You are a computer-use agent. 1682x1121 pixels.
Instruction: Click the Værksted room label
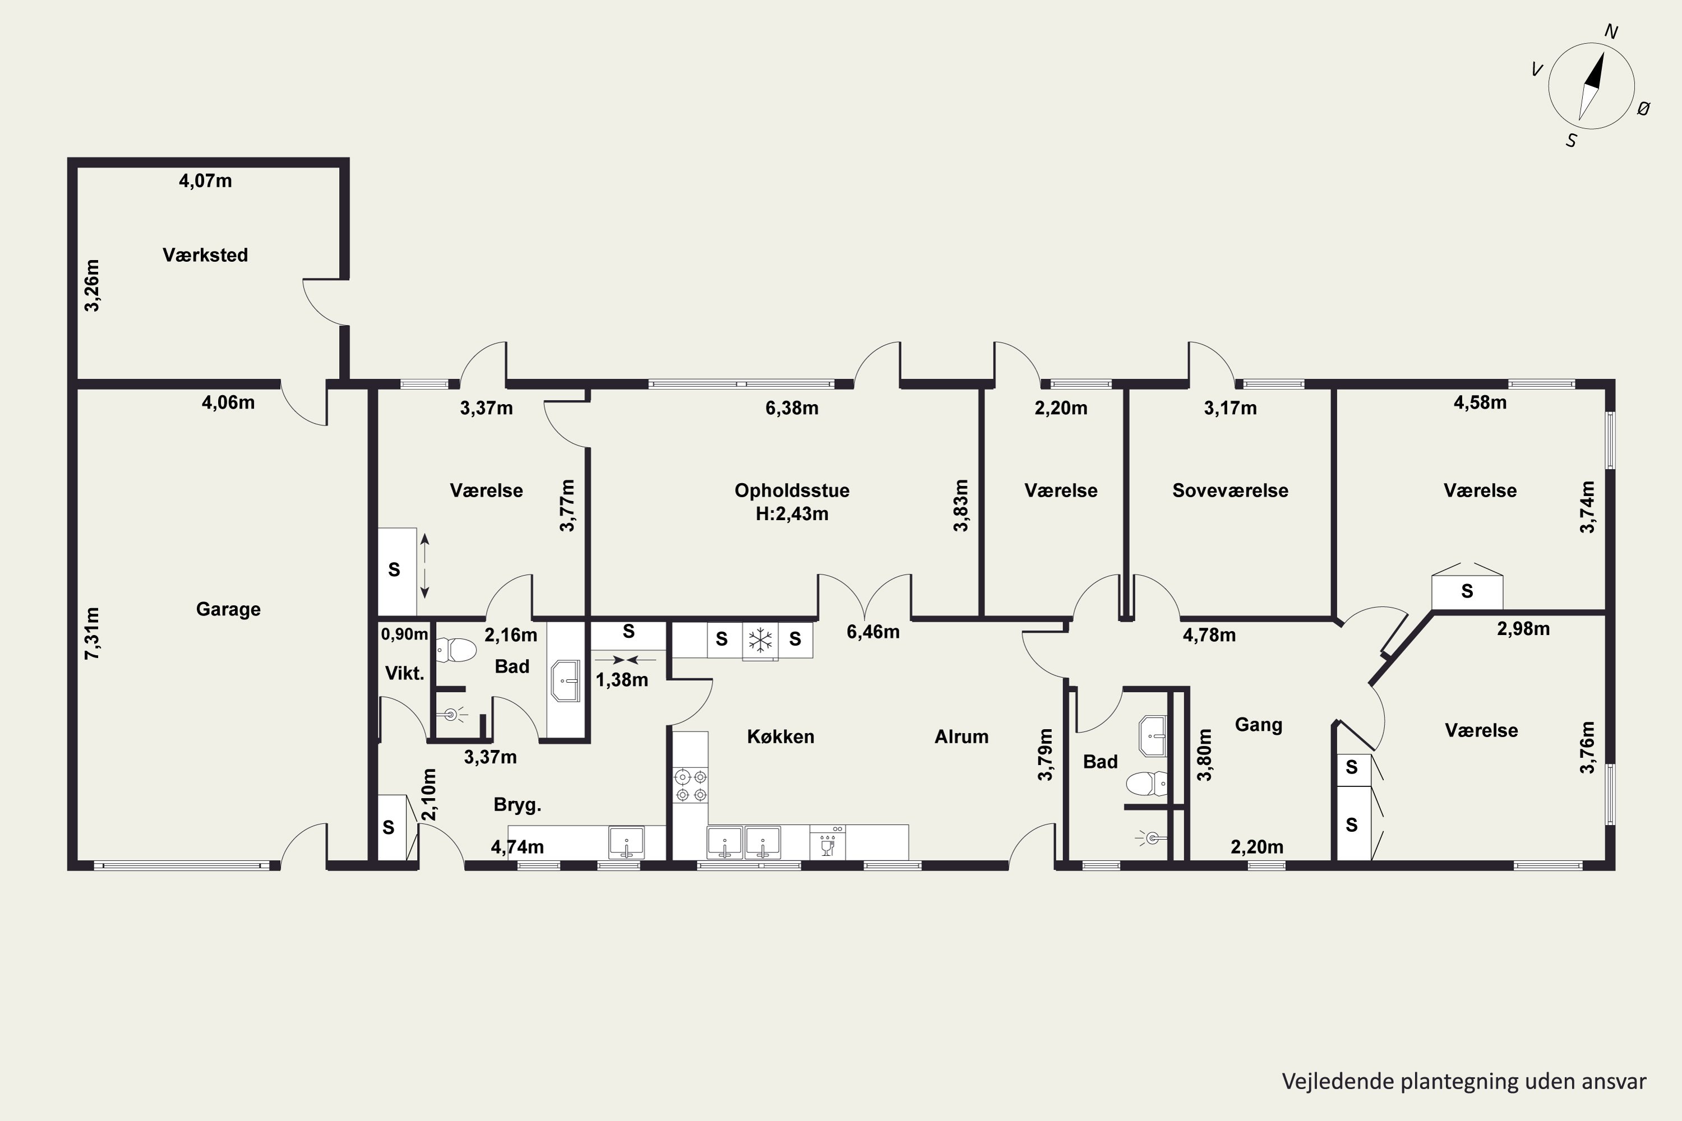click(205, 255)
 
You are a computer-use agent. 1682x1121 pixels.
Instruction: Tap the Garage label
click(228, 609)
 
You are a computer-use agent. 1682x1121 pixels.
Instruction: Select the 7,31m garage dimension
click(93, 633)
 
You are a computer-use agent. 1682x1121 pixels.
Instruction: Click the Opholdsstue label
click(792, 490)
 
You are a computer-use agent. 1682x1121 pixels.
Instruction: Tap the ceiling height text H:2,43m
click(792, 514)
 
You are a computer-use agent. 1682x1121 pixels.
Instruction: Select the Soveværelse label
click(1230, 490)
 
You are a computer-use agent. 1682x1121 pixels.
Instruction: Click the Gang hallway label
click(1259, 725)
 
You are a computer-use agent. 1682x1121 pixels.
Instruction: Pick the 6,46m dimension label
click(873, 632)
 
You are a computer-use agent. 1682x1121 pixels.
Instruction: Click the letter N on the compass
click(1611, 31)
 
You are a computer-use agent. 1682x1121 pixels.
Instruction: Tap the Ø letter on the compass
click(1643, 109)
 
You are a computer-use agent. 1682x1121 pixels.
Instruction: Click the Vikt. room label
click(405, 673)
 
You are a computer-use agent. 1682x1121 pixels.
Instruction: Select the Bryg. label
click(517, 805)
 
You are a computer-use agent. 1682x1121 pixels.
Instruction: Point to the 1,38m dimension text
click(622, 680)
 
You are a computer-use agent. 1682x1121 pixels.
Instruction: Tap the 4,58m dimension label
click(1480, 402)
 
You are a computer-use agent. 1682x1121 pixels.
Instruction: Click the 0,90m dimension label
click(405, 634)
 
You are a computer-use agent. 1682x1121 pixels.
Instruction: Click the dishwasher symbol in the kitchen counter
click(828, 843)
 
